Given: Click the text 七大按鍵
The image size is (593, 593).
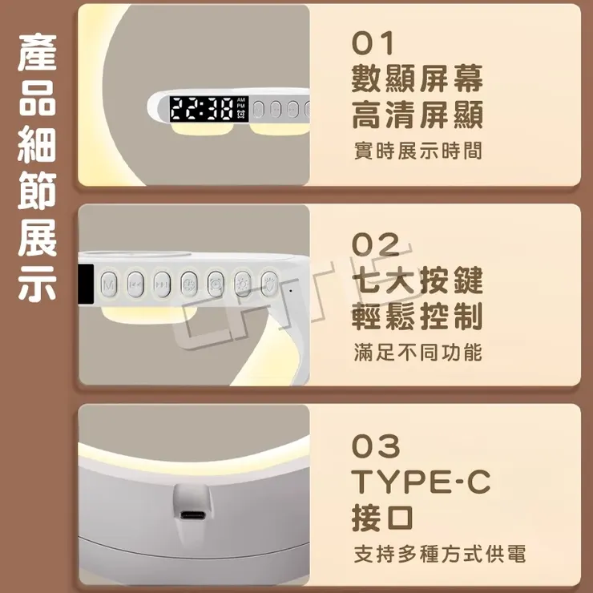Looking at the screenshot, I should click(418, 280).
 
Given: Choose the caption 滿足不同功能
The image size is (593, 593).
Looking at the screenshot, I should click(418, 351).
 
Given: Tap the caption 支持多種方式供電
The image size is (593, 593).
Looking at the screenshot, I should click(439, 554).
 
